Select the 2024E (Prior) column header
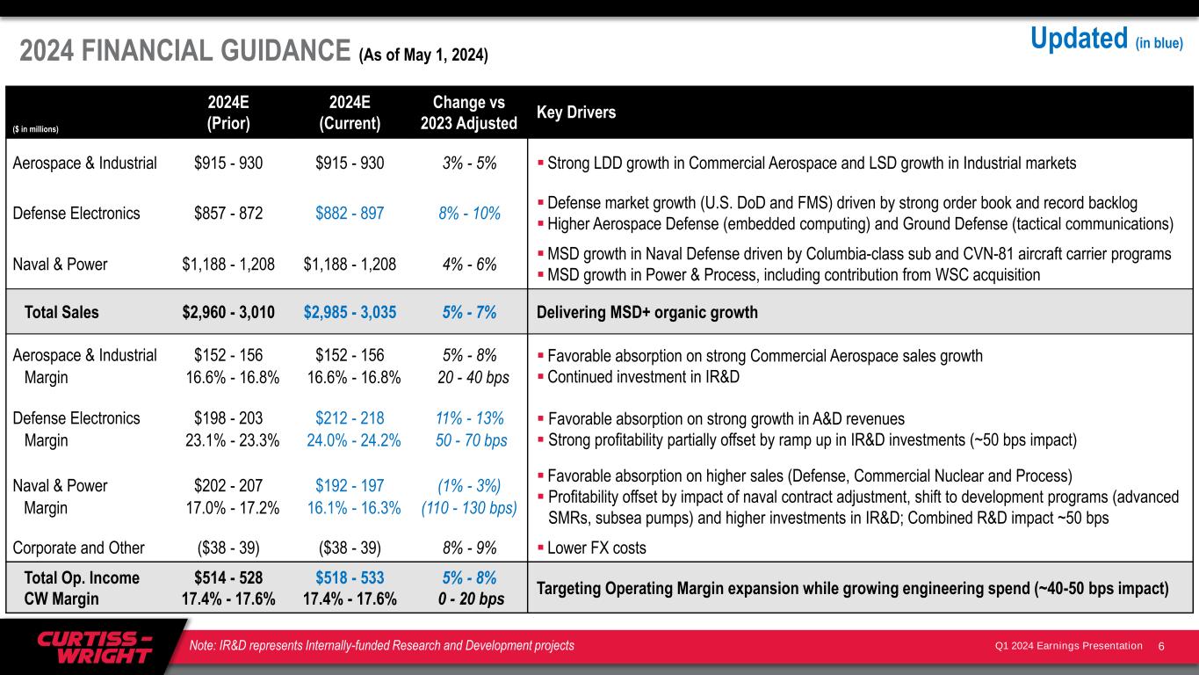(x=228, y=112)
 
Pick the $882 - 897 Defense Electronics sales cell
(x=350, y=213)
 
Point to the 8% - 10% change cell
(x=469, y=213)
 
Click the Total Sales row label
(x=61, y=312)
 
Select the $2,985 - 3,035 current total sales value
(x=350, y=312)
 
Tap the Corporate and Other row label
(x=79, y=548)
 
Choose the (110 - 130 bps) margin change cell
(x=469, y=507)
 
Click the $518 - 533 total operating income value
(x=350, y=577)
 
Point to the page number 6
(x=1161, y=646)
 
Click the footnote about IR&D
(x=382, y=646)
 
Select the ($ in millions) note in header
(x=35, y=129)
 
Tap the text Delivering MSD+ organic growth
(x=646, y=312)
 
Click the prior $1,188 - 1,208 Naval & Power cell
(x=228, y=264)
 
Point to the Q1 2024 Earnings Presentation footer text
(x=1068, y=646)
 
